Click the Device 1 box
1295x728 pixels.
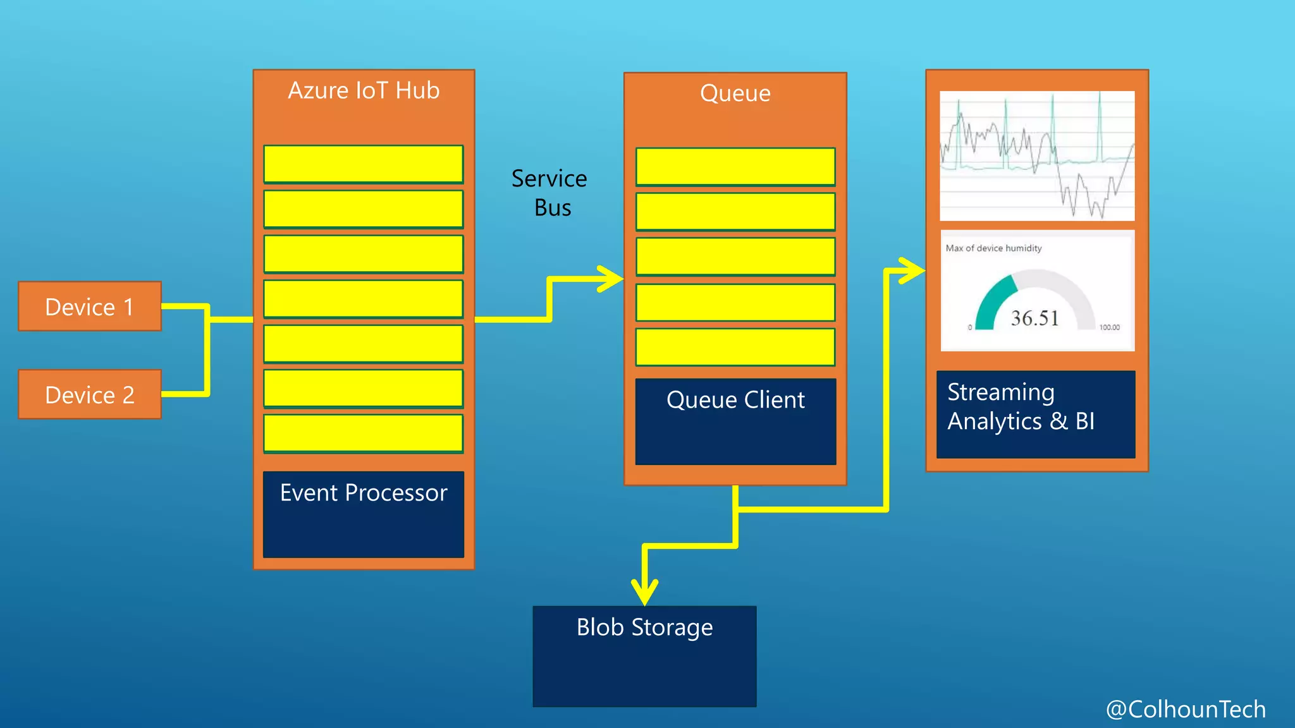pyautogui.click(x=90, y=306)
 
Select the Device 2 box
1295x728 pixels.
pyautogui.click(x=90, y=394)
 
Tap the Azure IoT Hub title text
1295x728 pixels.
pyautogui.click(x=364, y=91)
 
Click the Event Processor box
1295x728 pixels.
pyautogui.click(x=364, y=514)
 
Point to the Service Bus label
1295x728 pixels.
pyautogui.click(x=549, y=193)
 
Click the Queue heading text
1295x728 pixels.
pyautogui.click(x=735, y=94)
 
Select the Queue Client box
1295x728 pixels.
pyautogui.click(x=735, y=422)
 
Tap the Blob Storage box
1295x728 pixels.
pyautogui.click(x=644, y=656)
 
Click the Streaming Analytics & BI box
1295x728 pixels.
pyautogui.click(x=1035, y=414)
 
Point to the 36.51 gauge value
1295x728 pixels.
pyautogui.click(x=1034, y=318)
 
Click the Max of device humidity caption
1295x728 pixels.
pyautogui.click(x=993, y=248)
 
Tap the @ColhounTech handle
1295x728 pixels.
pyautogui.click(x=1186, y=709)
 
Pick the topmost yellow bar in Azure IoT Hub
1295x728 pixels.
pyautogui.click(x=364, y=164)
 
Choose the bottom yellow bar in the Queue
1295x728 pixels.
pyautogui.click(x=735, y=347)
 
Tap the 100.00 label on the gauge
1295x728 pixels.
pyautogui.click(x=1109, y=327)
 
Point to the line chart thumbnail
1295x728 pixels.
pyautogui.click(x=1037, y=156)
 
